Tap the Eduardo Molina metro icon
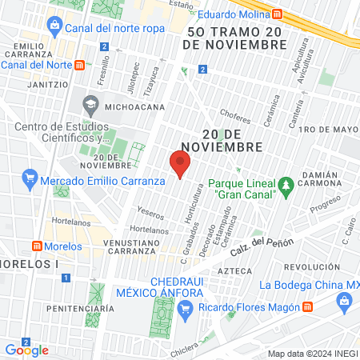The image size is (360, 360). [277, 14]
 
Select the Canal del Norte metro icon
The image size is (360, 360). [79, 65]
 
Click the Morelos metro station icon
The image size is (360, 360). [37, 245]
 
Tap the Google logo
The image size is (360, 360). [26, 350]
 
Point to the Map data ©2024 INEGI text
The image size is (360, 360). [312, 353]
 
